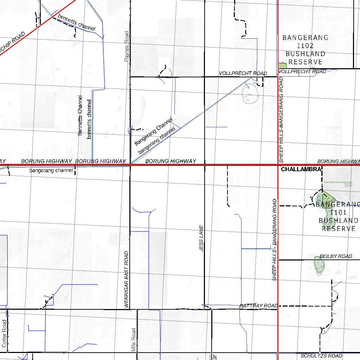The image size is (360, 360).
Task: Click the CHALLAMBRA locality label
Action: [301, 169]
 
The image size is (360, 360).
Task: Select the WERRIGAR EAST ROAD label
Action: [127, 280]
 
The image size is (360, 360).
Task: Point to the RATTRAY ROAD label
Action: [258, 306]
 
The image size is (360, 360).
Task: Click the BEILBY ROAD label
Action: [336, 256]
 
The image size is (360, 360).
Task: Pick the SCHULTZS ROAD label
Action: [321, 356]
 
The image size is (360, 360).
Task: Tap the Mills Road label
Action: [134, 340]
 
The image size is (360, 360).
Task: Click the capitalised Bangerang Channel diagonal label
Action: [153, 131]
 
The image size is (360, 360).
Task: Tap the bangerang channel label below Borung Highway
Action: [51, 171]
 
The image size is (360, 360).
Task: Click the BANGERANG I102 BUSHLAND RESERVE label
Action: [305, 50]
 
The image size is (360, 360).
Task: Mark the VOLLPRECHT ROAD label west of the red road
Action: [243, 73]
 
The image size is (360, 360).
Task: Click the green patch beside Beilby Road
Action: [319, 265]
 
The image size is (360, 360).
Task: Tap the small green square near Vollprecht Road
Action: [283, 65]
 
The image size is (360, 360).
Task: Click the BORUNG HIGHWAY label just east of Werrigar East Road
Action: [171, 161]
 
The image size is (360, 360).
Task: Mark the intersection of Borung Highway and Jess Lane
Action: [205, 165]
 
